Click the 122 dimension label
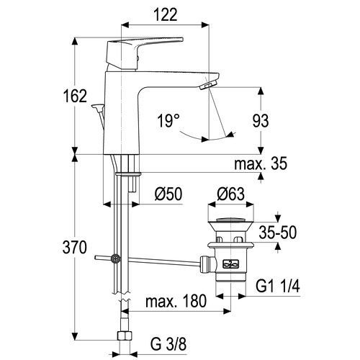(x=166, y=15)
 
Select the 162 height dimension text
(x=75, y=96)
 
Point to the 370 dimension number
(x=74, y=248)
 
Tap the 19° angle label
(x=168, y=120)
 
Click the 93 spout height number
(x=261, y=120)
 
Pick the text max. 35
(x=261, y=163)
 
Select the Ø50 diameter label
(x=168, y=194)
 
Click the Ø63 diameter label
(x=231, y=194)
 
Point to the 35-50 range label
(x=278, y=232)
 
